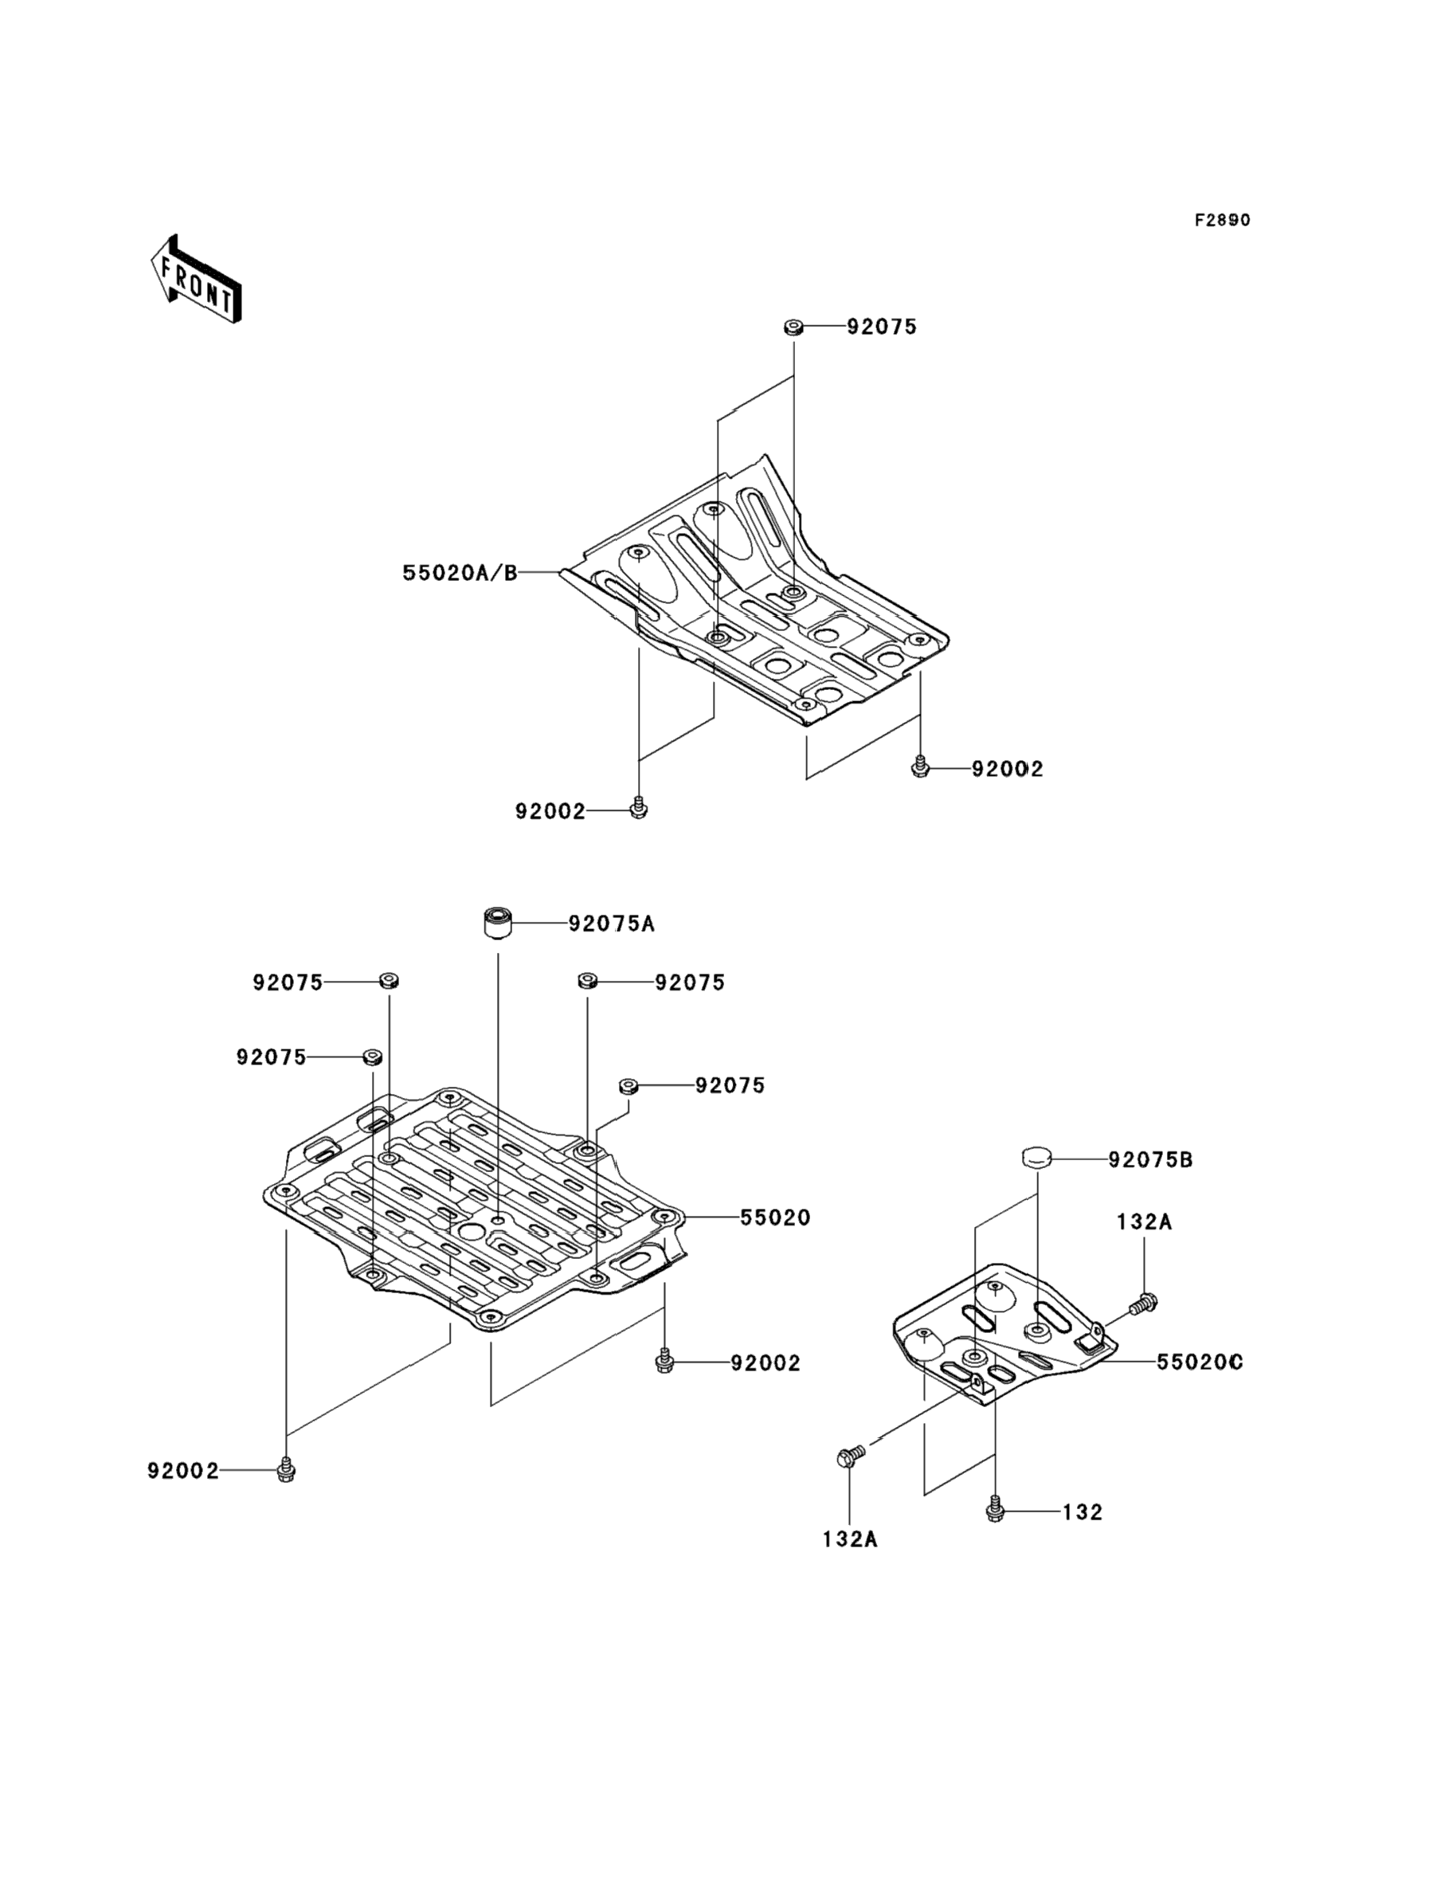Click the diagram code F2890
click(1222, 220)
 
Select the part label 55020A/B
click(460, 572)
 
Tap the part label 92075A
click(612, 924)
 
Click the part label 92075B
click(1150, 1160)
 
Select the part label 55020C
click(1199, 1362)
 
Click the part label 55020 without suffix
click(775, 1217)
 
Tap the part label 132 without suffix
click(1083, 1512)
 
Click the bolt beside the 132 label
click(994, 1511)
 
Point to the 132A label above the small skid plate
click(1144, 1222)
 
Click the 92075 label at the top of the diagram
click(882, 327)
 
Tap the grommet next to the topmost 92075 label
click(793, 326)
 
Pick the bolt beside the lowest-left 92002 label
click(287, 1471)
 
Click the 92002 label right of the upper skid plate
click(1008, 769)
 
